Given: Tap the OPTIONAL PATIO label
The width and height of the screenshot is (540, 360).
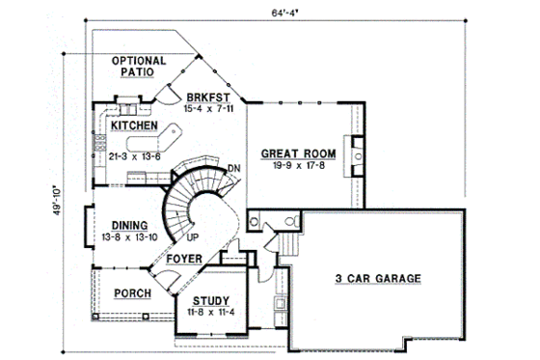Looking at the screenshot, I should (x=140, y=67).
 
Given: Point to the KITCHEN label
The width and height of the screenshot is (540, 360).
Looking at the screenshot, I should (x=134, y=125).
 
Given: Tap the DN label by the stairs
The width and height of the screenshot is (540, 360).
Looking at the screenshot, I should (x=233, y=169).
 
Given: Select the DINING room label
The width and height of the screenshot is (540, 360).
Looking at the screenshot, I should (x=128, y=225).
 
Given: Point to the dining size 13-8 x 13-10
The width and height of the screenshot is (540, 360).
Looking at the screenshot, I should (x=129, y=237).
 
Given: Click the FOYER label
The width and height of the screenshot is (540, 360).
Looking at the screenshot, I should (x=183, y=259).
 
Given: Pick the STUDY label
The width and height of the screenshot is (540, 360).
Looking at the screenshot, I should (x=208, y=300).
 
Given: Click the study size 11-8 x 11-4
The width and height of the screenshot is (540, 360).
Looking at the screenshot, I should (x=208, y=313).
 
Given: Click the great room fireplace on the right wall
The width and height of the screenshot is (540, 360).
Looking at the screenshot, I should (x=356, y=151).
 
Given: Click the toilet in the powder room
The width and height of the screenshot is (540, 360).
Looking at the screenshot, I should (x=254, y=221).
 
